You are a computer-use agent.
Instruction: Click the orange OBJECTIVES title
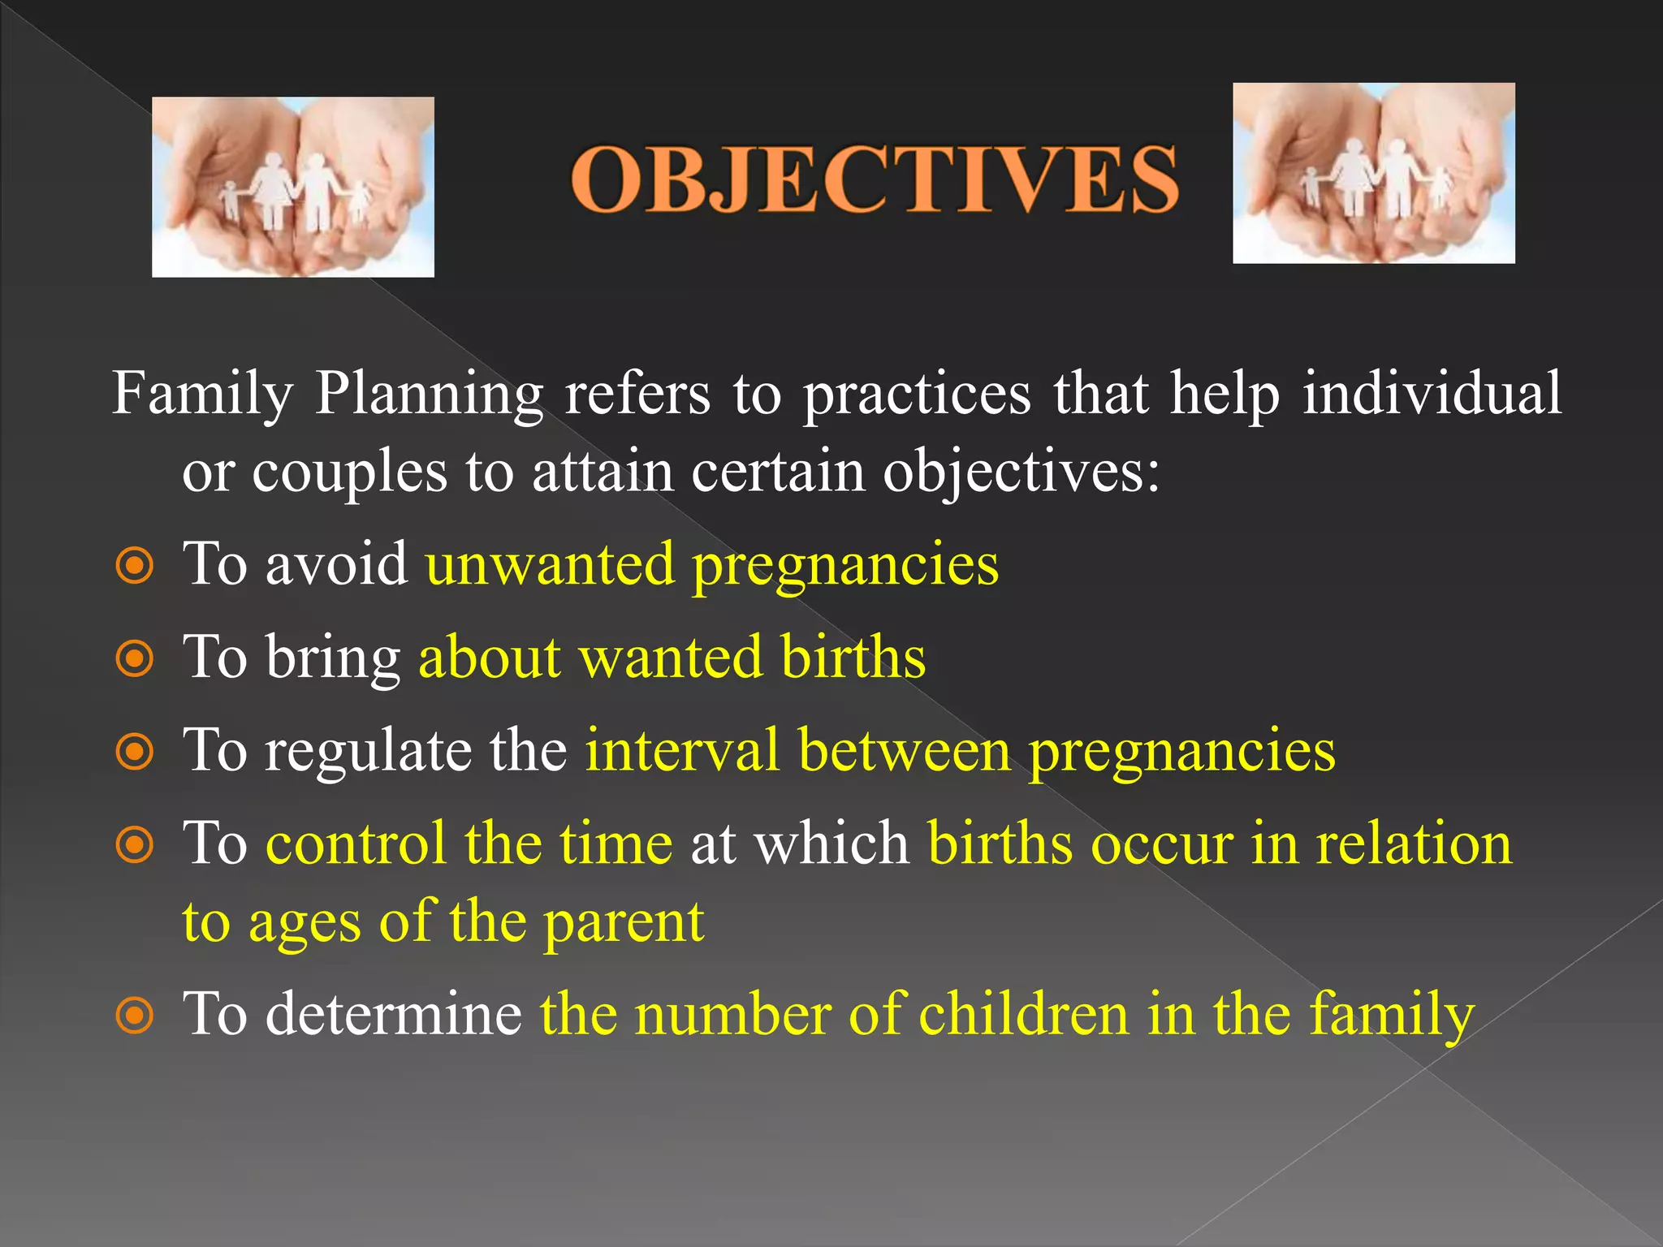(x=875, y=180)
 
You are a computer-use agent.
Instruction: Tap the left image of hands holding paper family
(x=293, y=187)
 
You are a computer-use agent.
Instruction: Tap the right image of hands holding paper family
(x=1373, y=173)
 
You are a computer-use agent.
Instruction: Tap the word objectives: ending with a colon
(x=1022, y=472)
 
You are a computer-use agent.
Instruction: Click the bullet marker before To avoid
(x=135, y=566)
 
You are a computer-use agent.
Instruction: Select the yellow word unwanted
(x=550, y=564)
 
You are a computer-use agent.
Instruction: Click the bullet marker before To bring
(x=135, y=659)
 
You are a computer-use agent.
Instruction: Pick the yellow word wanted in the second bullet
(x=671, y=657)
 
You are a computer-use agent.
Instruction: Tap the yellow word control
(x=356, y=844)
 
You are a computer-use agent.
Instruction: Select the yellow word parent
(x=623, y=923)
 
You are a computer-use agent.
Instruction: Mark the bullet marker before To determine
(x=135, y=1015)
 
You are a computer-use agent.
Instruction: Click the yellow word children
(x=1023, y=1014)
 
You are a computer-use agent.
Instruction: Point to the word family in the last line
(x=1391, y=1014)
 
